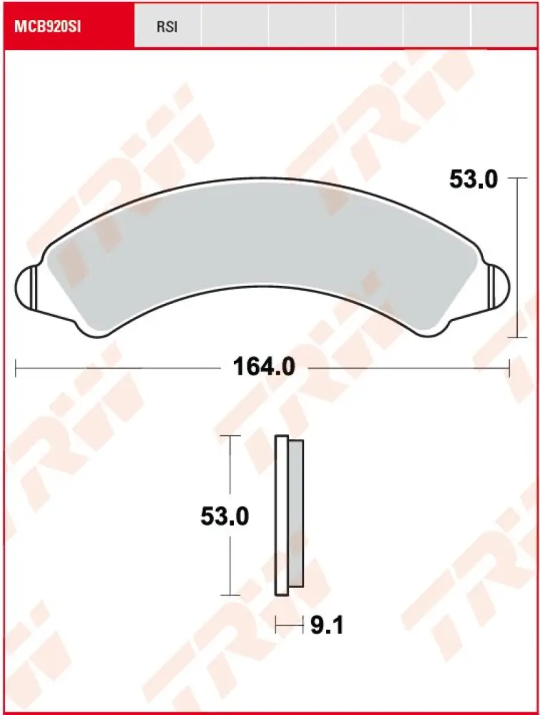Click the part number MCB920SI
44,26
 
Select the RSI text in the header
167,27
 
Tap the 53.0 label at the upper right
473,180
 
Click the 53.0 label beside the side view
225,516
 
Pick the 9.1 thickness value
328,626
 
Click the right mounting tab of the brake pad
498,286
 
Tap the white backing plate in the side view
281,515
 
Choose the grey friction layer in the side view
295,515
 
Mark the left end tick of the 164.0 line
16,368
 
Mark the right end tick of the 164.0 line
509,368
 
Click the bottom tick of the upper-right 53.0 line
516,337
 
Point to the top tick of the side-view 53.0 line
229,435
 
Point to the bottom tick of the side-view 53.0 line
229,594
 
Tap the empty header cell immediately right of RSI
234,26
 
